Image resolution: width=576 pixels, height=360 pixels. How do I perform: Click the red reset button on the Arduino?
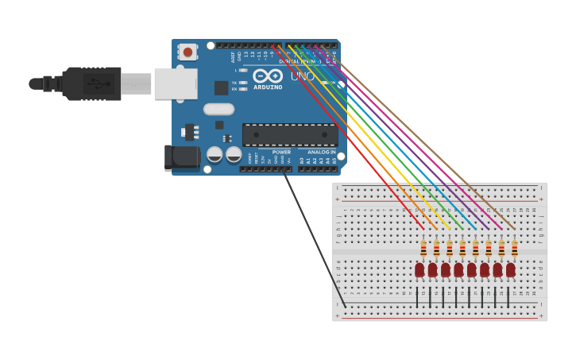pyautogui.click(x=187, y=52)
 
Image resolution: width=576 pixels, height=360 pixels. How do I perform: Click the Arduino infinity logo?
pyautogui.click(x=268, y=76)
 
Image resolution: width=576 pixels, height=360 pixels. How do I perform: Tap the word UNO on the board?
pyautogui.click(x=302, y=77)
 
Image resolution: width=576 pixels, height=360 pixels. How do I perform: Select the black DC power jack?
pyautogui.click(x=181, y=157)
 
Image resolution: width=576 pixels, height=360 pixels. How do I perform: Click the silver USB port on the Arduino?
pyautogui.click(x=176, y=83)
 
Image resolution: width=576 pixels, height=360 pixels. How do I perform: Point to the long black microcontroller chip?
pyautogui.click(x=290, y=134)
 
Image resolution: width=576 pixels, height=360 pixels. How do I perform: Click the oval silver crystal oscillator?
pyautogui.click(x=219, y=110)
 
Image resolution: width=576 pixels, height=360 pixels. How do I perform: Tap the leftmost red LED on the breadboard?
pyautogui.click(x=419, y=270)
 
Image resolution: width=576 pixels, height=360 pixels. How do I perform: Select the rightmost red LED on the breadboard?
pyautogui.click(x=511, y=270)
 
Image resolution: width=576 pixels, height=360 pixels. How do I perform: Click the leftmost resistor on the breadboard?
pyautogui.click(x=423, y=249)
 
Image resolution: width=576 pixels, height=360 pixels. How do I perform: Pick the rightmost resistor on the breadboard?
pyautogui.click(x=514, y=249)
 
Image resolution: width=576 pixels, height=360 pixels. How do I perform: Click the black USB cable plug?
pyautogui.click(x=91, y=83)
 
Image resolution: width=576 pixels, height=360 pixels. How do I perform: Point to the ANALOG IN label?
pyautogui.click(x=321, y=152)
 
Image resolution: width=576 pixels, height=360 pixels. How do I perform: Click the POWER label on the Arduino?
pyautogui.click(x=281, y=152)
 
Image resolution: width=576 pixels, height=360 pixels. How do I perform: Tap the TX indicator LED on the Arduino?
pyautogui.click(x=243, y=83)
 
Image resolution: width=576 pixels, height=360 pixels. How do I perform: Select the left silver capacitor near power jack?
pyautogui.click(x=215, y=154)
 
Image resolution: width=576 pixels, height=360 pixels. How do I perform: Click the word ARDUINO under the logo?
pyautogui.click(x=268, y=87)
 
